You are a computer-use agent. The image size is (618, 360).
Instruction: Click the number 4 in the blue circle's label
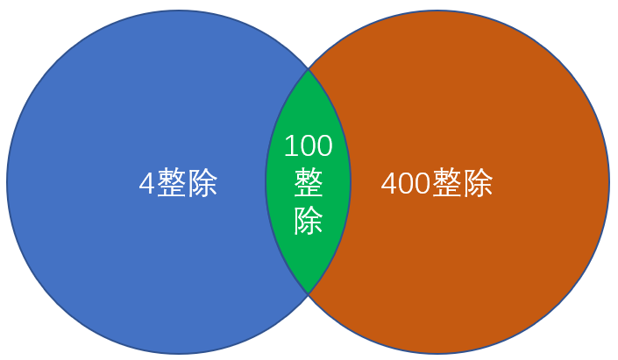pyautogui.click(x=147, y=183)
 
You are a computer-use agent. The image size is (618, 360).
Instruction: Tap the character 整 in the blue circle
pyautogui.click(x=172, y=183)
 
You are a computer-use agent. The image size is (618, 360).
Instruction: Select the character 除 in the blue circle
pyautogui.click(x=202, y=183)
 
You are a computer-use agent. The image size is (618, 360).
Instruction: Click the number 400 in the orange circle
pyautogui.click(x=406, y=183)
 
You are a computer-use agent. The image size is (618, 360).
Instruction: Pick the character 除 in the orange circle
pyautogui.click(x=478, y=183)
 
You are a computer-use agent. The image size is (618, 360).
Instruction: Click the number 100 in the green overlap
pyautogui.click(x=309, y=145)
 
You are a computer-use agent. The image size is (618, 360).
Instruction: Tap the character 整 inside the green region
pyautogui.click(x=309, y=183)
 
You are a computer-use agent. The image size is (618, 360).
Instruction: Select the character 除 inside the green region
pyautogui.click(x=309, y=221)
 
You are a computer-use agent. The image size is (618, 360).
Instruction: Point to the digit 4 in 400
pyautogui.click(x=389, y=183)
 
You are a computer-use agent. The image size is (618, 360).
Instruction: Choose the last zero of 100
pyautogui.click(x=325, y=145)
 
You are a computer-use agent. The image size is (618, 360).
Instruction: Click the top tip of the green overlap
pyautogui.click(x=309, y=68)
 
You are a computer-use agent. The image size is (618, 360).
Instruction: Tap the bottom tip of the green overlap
pyautogui.click(x=309, y=293)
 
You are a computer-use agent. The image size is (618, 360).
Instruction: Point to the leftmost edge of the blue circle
pyautogui.click(x=7, y=182)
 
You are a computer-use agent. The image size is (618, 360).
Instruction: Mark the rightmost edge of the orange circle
pyautogui.click(x=608, y=182)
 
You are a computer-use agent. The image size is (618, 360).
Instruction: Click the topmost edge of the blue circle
pyautogui.click(x=179, y=11)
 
